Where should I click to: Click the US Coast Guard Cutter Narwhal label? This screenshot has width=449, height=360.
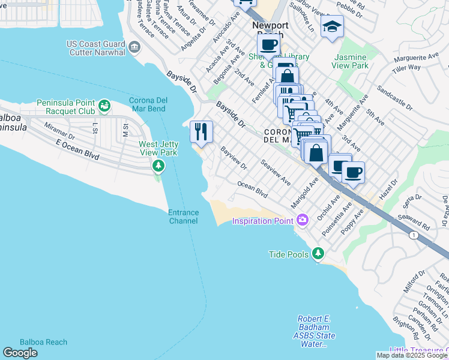[x=96, y=48]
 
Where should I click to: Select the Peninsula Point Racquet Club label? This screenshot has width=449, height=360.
[x=65, y=107]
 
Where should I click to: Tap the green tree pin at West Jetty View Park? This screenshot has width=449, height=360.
[x=158, y=165]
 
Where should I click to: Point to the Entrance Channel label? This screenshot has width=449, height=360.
[x=182, y=217]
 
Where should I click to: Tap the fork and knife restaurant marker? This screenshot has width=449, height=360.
[x=200, y=131]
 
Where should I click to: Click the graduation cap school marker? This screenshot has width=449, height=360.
[x=331, y=27]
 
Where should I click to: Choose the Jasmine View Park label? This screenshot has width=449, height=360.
[x=351, y=61]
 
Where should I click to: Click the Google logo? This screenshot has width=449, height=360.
[x=20, y=353]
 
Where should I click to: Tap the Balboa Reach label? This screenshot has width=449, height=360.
[x=43, y=342]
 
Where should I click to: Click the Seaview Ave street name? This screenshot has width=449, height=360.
[x=276, y=172]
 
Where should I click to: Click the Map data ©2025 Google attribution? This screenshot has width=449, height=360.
[x=412, y=355]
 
